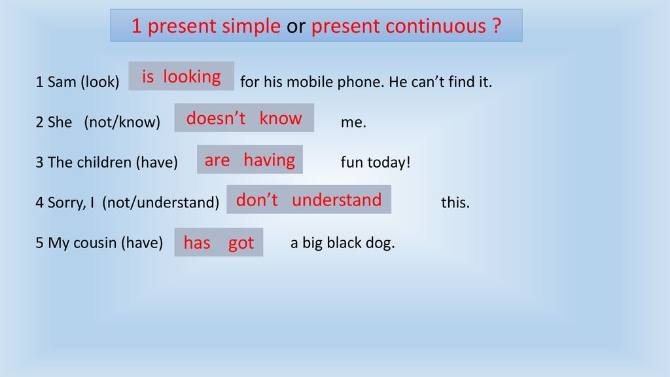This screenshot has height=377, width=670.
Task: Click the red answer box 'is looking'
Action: click(x=181, y=76)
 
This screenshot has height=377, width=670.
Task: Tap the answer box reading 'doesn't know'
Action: click(x=244, y=118)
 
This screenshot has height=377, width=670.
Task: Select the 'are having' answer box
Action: click(x=249, y=160)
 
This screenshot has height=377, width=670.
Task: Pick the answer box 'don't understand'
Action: click(x=309, y=200)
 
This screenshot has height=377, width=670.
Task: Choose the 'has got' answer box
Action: click(x=219, y=242)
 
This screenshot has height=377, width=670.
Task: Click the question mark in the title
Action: click(x=496, y=26)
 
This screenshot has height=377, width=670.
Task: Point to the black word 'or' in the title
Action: click(x=296, y=26)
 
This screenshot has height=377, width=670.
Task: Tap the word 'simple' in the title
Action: click(x=251, y=26)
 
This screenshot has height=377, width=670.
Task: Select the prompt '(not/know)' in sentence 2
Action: click(x=122, y=122)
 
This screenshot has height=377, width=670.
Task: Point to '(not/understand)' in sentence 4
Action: click(x=161, y=202)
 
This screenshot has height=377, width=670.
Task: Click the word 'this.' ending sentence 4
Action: click(x=455, y=202)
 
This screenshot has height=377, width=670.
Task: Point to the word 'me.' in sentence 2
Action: click(x=353, y=122)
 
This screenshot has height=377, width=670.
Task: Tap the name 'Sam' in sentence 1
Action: click(x=62, y=82)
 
